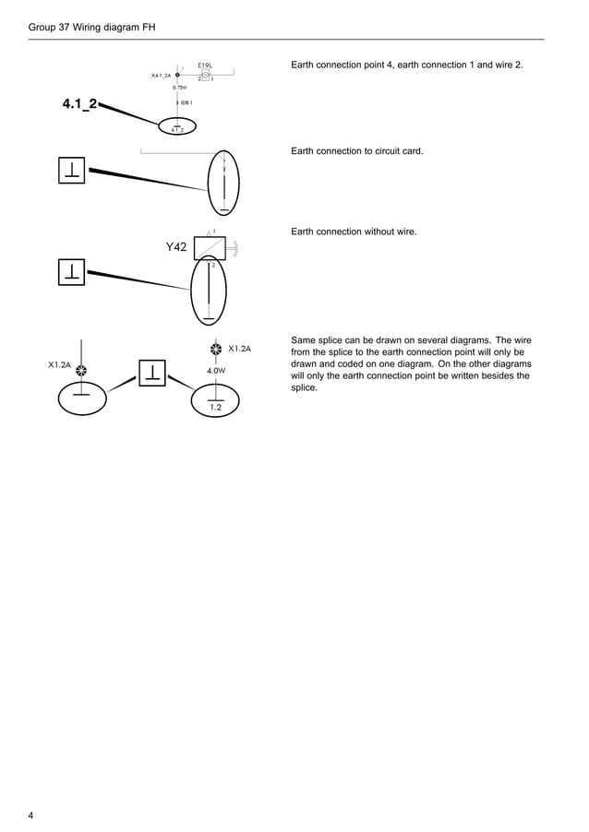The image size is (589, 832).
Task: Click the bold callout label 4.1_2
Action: (x=80, y=104)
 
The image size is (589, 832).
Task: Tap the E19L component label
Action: (x=205, y=65)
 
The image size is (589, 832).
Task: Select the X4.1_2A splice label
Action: (x=162, y=76)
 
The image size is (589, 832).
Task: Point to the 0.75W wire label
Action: (x=180, y=88)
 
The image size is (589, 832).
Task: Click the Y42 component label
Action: (x=176, y=247)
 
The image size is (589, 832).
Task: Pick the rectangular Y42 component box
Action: (x=210, y=249)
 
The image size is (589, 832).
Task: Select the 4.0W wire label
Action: (x=216, y=370)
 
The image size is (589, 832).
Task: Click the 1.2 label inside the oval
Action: (x=215, y=407)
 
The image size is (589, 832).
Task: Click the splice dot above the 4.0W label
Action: (x=215, y=350)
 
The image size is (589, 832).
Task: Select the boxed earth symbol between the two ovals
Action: (x=151, y=373)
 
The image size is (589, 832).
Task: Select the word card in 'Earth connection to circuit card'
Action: (x=411, y=149)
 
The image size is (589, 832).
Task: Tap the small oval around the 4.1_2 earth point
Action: (x=177, y=126)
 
